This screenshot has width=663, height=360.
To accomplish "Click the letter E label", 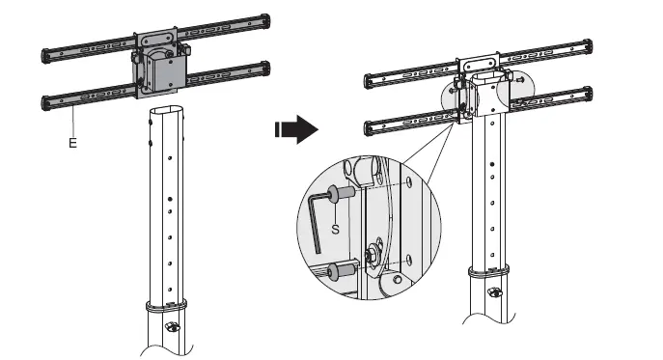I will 71,141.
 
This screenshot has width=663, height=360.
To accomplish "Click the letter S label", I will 335,230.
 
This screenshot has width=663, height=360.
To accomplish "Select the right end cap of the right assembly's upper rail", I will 586,43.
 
